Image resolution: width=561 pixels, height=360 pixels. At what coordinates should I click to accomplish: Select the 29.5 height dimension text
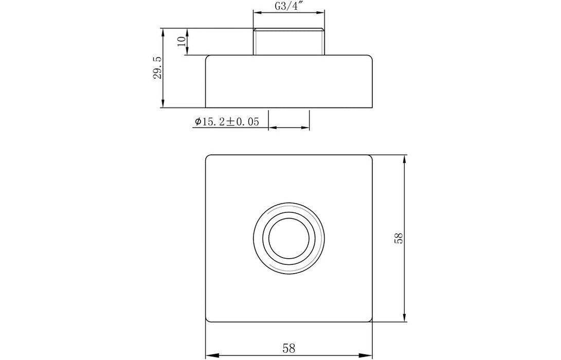157,68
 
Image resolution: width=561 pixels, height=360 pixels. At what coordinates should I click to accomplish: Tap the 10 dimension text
180,42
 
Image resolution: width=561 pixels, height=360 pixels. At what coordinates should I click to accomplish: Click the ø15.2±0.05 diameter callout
226,122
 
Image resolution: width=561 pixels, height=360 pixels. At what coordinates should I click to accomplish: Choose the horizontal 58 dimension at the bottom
288,348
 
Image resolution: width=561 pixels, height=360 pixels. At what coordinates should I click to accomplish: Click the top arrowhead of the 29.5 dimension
163,32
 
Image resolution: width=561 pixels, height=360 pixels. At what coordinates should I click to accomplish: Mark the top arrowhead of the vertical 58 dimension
406,158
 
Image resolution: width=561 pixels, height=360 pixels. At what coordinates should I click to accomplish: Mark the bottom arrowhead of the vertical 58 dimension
406,318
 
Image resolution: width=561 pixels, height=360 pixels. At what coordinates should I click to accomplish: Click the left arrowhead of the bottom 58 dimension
210,354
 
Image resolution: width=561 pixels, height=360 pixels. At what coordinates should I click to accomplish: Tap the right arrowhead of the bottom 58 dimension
368,354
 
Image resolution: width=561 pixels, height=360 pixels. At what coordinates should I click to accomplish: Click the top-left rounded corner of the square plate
208,156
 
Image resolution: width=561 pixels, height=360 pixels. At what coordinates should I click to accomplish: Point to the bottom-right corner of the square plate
370,320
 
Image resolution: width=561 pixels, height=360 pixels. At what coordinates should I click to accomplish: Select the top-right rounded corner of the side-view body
370,57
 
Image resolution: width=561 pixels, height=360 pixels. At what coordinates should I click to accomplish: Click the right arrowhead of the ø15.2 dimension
306,127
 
